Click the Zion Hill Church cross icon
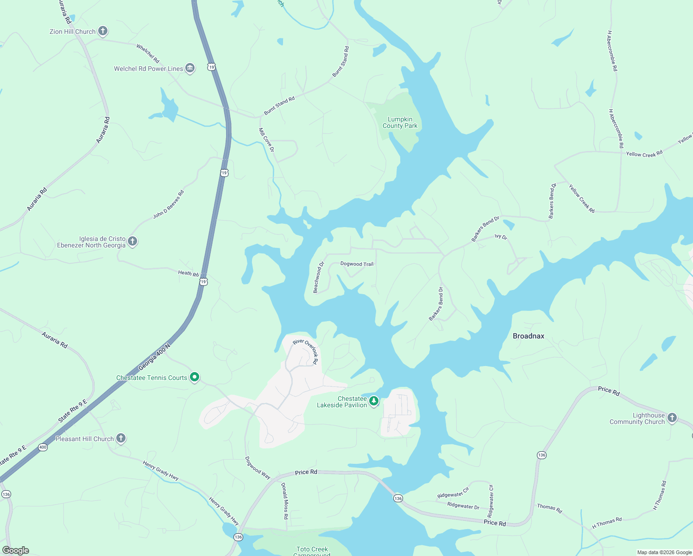(103, 31)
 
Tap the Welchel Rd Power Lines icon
(190, 69)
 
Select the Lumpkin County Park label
(400, 122)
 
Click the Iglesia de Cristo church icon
(132, 241)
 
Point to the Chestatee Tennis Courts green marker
(195, 378)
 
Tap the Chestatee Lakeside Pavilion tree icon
(374, 401)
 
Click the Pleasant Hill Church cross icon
(121, 438)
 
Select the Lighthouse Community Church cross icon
(672, 418)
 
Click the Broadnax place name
(529, 336)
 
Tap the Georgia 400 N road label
(154, 357)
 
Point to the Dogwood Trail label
(357, 264)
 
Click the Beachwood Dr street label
(319, 278)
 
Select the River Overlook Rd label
(306, 351)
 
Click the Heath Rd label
(189, 273)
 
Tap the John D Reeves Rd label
(169, 204)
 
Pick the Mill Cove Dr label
(266, 140)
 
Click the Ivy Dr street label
(501, 237)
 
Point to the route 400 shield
(43, 447)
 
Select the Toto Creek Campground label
(312, 550)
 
